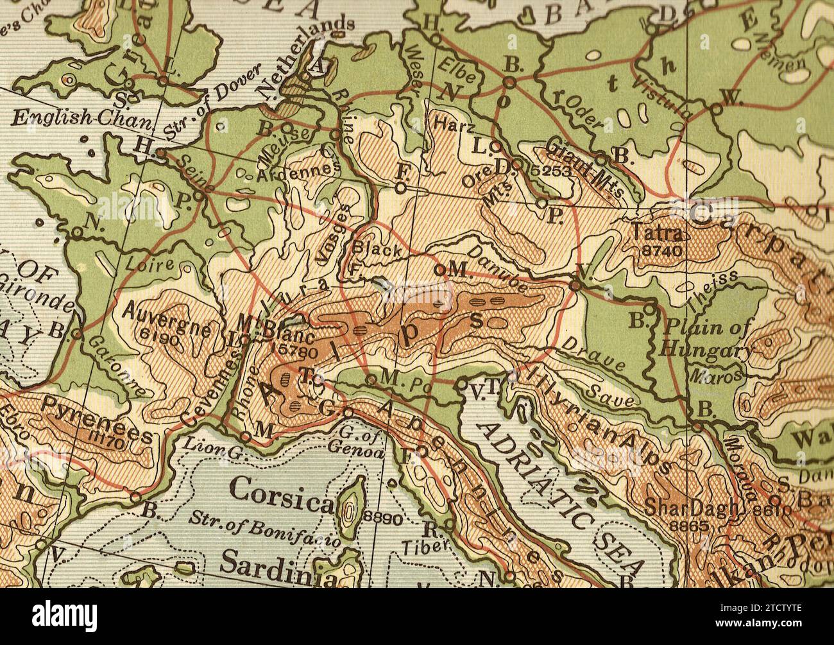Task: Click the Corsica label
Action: pyautogui.click(x=281, y=490)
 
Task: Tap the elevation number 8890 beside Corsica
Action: pyautogui.click(x=383, y=519)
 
